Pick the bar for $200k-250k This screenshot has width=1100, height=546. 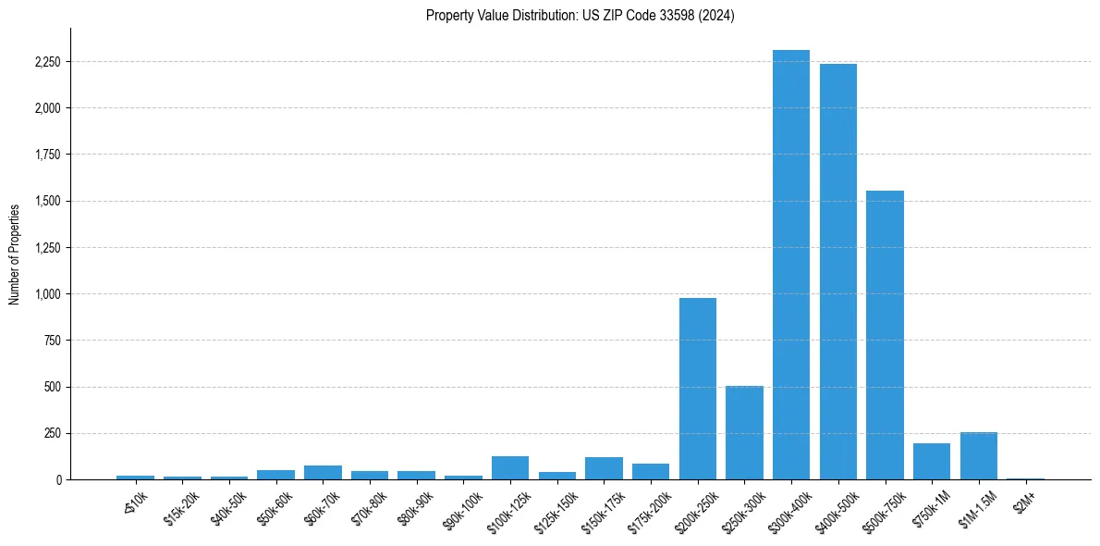point(698,389)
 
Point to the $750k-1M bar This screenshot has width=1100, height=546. point(932,461)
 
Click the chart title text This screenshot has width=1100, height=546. point(581,16)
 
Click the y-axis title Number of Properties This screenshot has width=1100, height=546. point(15,254)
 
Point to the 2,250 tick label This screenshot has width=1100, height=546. point(45,62)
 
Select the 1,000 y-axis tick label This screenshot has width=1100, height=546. point(45,294)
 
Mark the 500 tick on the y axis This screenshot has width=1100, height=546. point(52,387)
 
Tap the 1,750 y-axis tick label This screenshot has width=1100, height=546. point(45,155)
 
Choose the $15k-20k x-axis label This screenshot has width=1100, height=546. point(181,504)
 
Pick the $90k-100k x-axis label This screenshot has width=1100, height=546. point(461,506)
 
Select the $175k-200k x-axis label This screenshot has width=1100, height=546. point(648,508)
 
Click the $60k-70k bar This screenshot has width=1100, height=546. point(323,472)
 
